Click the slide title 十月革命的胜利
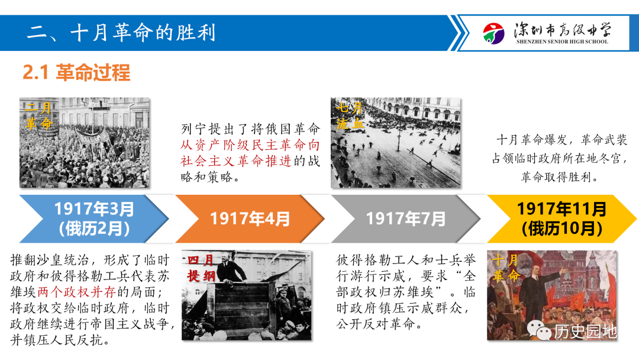(x=143, y=33)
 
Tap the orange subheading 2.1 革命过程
(x=76, y=73)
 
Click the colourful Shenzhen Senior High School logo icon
(x=493, y=33)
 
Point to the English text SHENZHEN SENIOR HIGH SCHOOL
(x=562, y=41)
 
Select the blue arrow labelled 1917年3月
(x=94, y=219)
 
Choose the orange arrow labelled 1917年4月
(x=250, y=219)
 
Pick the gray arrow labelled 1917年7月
(x=406, y=219)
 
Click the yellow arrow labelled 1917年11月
(x=561, y=219)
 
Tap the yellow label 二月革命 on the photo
(x=38, y=116)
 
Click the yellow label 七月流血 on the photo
(x=350, y=116)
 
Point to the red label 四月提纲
(x=201, y=268)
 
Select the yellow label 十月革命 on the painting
(x=506, y=268)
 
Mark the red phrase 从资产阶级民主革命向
(x=250, y=145)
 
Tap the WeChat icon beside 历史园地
(x=539, y=330)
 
